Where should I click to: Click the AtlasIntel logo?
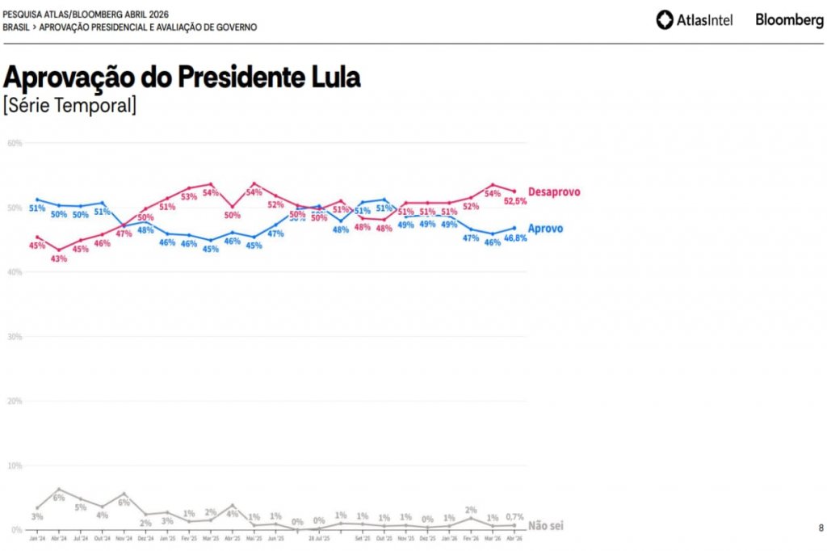[695, 19]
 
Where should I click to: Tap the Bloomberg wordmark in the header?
[789, 19]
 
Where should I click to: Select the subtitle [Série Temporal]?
[69, 105]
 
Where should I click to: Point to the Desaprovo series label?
[554, 192]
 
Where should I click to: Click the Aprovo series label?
[546, 229]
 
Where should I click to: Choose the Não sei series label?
[545, 526]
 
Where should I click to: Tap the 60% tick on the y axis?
[15, 143]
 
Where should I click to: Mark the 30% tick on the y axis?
[15, 336]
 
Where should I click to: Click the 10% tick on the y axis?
[15, 465]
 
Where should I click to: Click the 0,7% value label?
[514, 517]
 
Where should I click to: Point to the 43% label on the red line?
[59, 259]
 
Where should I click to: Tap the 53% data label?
[189, 196]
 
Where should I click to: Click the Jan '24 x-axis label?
[37, 537]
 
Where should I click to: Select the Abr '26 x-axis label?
[514, 537]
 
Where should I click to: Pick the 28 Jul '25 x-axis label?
[320, 537]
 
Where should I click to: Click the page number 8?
[821, 528]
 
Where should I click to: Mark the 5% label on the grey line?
[80, 508]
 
